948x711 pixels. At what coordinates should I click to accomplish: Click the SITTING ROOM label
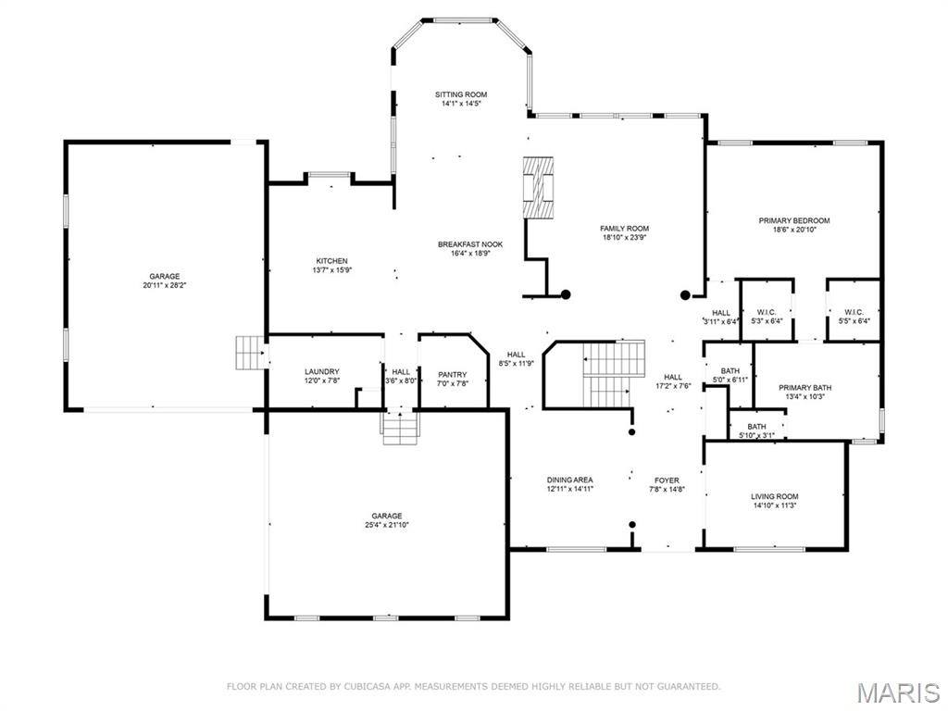[461, 94]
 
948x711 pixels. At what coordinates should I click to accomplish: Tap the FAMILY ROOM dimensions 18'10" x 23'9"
[624, 238]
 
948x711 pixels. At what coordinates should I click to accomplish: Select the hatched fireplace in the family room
[538, 187]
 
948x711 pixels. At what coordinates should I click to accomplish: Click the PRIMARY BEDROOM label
[793, 220]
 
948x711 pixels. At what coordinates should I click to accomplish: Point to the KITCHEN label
[332, 261]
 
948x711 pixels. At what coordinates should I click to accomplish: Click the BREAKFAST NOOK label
[470, 244]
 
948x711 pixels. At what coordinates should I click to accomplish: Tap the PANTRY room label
[452, 374]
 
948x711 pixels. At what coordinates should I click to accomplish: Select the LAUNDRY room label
[321, 372]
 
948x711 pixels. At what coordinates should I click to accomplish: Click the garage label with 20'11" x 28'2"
[165, 276]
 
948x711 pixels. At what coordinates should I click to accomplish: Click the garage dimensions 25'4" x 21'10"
[386, 525]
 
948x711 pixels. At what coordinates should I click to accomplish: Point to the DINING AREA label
[569, 480]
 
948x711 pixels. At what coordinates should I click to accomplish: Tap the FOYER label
[667, 480]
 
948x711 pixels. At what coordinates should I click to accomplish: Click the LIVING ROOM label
[775, 496]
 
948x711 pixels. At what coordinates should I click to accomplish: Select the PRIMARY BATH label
[805, 388]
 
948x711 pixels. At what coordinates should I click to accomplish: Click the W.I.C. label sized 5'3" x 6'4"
[766, 313]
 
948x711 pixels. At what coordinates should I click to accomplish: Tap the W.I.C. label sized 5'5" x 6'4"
[854, 313]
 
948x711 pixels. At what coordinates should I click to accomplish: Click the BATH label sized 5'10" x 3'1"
[756, 426]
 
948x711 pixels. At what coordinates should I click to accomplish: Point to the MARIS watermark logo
[898, 692]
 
